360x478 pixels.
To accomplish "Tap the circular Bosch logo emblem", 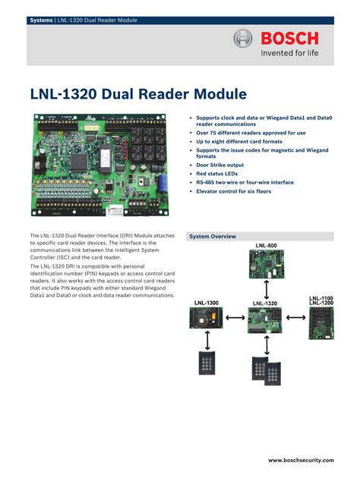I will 242,39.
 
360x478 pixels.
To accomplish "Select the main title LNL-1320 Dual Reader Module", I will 138,94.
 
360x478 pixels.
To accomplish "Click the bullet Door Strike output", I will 219,165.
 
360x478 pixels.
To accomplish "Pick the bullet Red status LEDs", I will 217,174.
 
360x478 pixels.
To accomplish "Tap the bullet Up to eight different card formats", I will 239,142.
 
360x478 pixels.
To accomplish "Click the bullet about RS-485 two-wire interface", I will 245,183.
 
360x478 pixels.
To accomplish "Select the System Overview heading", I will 213,237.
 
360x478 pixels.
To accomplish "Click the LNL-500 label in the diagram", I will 266,246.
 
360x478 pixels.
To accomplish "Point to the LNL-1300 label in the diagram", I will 206,303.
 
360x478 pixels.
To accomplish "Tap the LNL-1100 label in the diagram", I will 321,298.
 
